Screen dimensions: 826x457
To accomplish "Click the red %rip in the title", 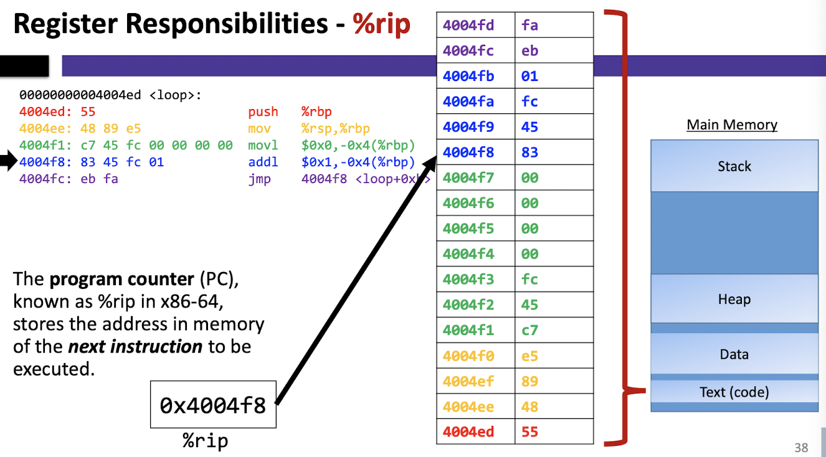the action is (381, 24).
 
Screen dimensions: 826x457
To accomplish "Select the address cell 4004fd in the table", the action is (476, 25).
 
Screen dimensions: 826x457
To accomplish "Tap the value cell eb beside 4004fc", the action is (554, 50).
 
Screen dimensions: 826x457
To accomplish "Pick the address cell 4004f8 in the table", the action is (476, 152).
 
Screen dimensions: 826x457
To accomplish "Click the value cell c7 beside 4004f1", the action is (554, 330).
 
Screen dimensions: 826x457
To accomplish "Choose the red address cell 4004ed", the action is (476, 431).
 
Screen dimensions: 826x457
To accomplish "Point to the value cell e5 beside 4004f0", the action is (554, 356).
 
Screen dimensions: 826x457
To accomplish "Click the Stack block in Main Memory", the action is (734, 166).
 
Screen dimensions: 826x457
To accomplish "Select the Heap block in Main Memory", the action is (734, 298).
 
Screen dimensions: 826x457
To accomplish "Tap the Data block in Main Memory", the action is (734, 354).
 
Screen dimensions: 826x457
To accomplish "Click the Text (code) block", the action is (734, 392).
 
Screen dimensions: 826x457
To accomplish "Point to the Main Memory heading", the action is (732, 125).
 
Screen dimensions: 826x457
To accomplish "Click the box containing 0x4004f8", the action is (213, 404).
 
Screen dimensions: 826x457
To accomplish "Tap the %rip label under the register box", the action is (206, 441).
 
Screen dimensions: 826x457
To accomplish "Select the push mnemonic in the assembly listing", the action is (263, 111).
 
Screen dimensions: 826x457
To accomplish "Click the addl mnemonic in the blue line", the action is (263, 162).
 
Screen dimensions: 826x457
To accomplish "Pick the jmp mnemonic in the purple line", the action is (259, 179).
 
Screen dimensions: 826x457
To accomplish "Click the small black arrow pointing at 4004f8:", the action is (8, 161).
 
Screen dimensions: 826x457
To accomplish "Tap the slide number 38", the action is (801, 448).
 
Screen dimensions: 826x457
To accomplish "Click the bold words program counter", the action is (121, 279).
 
